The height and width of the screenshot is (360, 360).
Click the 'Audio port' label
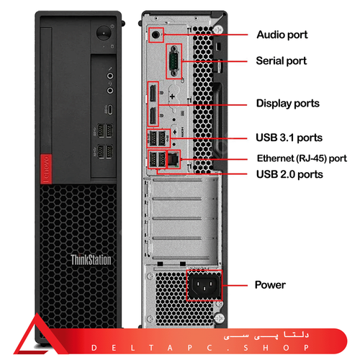(x=282, y=35)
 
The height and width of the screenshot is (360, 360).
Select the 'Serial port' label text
(x=282, y=60)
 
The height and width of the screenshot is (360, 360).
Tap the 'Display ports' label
(x=288, y=104)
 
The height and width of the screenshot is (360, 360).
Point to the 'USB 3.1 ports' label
(x=289, y=138)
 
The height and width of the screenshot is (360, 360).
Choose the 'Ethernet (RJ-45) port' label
(x=302, y=158)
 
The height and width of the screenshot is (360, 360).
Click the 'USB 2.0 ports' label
(x=289, y=174)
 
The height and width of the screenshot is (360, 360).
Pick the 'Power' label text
(x=270, y=285)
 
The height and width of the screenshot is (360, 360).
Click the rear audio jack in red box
(x=156, y=35)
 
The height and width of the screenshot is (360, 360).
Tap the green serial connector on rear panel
(x=174, y=61)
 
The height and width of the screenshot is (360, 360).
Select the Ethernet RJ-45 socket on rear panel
(x=173, y=159)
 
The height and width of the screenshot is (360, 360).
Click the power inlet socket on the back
(x=204, y=285)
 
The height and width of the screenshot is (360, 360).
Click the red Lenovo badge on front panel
(x=46, y=168)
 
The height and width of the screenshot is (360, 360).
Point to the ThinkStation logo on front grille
(x=91, y=260)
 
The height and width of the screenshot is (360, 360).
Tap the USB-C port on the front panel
(x=110, y=109)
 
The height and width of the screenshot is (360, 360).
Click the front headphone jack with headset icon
(x=110, y=91)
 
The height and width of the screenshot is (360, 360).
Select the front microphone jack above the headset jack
(x=110, y=76)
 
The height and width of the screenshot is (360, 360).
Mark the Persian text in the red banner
(x=266, y=335)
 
